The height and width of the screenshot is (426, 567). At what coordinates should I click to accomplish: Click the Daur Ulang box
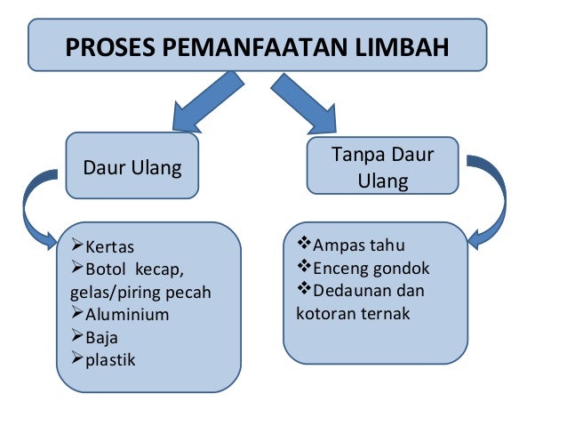click(132, 167)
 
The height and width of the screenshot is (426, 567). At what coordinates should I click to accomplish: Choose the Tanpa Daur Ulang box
click(382, 167)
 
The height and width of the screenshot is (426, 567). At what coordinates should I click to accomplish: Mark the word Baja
click(101, 337)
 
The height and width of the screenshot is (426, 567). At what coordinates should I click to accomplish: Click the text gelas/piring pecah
click(140, 292)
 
